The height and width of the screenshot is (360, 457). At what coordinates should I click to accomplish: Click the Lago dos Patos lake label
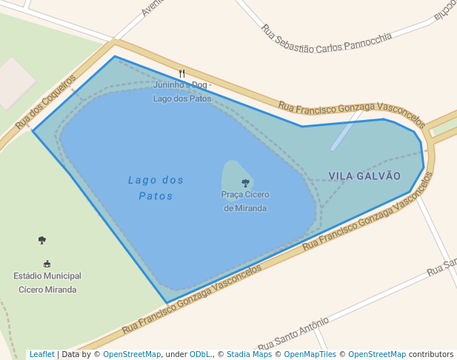click(x=156, y=187)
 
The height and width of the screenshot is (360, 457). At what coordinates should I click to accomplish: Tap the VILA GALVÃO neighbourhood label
click(x=364, y=176)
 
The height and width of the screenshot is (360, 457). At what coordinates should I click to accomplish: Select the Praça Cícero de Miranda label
click(x=245, y=201)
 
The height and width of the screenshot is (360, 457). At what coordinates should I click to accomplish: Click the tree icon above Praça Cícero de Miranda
click(x=245, y=182)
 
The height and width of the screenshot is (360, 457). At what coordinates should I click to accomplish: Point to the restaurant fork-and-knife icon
click(x=182, y=73)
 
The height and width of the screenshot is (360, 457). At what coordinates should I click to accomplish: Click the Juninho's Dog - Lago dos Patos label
click(x=182, y=92)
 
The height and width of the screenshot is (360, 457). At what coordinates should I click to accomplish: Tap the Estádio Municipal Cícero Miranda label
click(x=47, y=282)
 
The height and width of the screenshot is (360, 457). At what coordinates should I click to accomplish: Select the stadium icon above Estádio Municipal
click(x=47, y=264)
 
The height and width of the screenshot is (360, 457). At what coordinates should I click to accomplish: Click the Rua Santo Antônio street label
click(x=293, y=334)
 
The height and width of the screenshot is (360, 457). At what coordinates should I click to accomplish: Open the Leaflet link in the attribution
click(x=41, y=354)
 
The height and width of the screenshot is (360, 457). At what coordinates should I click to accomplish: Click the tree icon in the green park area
click(x=41, y=240)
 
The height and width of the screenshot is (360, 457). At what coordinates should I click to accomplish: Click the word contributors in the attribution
click(x=431, y=354)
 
